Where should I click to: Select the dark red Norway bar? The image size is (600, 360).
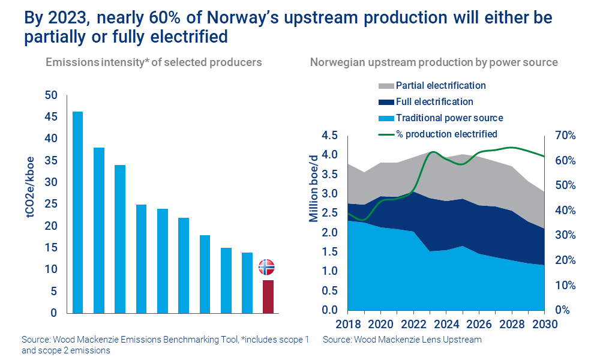tap(268, 296)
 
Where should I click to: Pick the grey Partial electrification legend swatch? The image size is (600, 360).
tap(386, 86)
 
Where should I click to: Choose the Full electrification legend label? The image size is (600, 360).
tap(434, 102)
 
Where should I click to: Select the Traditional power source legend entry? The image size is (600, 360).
tap(449, 118)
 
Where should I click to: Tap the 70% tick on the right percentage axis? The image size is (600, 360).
tap(564, 136)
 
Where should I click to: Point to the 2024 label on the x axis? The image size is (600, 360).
tap(445, 325)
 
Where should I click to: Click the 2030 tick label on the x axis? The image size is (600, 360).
tap(544, 325)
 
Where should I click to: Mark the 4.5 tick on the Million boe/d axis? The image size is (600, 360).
tap(329, 136)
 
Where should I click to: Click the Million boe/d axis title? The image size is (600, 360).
tap(313, 187)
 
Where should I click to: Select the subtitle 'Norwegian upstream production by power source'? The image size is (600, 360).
tap(434, 62)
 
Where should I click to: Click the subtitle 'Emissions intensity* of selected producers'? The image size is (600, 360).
tap(154, 62)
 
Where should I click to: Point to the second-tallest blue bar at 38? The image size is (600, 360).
tap(99, 230)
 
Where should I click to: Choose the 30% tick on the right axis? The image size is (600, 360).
tap(564, 235)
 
